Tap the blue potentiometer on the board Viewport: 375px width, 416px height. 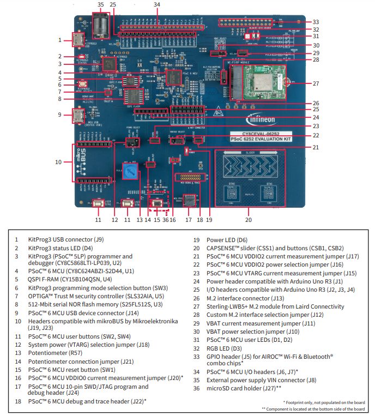click(x=129, y=168)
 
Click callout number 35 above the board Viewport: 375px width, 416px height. click(x=100, y=4)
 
